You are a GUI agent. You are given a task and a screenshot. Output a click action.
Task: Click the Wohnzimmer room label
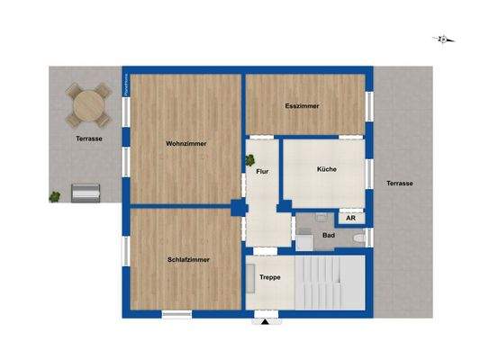pyautogui.click(x=186, y=143)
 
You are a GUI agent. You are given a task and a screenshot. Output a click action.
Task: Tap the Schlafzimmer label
pyautogui.click(x=189, y=260)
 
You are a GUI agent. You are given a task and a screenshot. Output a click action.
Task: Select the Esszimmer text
pyautogui.click(x=302, y=105)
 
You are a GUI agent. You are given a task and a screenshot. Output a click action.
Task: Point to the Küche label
pyautogui.click(x=326, y=169)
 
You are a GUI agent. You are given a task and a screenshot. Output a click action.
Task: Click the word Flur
pyautogui.click(x=262, y=170)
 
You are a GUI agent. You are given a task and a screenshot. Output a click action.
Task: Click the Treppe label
pyautogui.click(x=270, y=278)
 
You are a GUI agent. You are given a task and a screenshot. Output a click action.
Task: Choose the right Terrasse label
pyautogui.click(x=400, y=183)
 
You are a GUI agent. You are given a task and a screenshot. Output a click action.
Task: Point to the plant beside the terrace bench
pyautogui.click(x=56, y=195)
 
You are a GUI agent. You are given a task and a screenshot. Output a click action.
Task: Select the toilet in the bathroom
pyautogui.click(x=360, y=238)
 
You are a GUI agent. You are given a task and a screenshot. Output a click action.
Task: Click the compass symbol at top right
pyautogui.click(x=442, y=39)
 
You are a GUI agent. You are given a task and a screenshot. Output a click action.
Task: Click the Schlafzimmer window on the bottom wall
pyautogui.click(x=176, y=314)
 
